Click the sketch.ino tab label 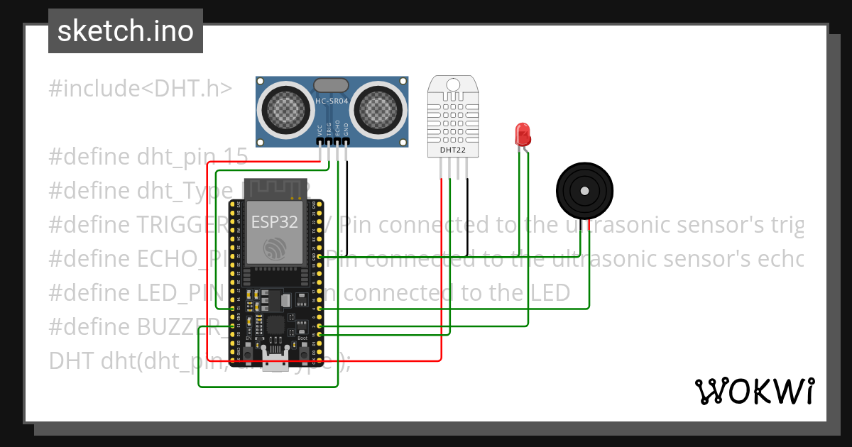point(125,31)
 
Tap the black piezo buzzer point(584,191)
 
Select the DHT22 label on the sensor point(452,150)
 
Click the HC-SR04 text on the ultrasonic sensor point(332,102)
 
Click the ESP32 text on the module point(274,221)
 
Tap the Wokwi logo point(754,391)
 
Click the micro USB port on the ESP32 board point(275,360)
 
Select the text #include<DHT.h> point(140,89)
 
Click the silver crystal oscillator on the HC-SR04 point(331,84)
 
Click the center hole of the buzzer point(584,191)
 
